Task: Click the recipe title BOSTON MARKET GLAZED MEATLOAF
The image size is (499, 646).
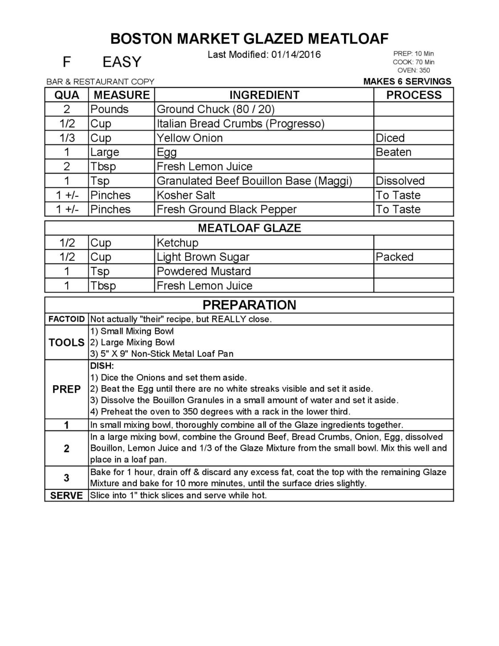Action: pos(250,39)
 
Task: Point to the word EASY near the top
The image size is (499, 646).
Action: pos(122,62)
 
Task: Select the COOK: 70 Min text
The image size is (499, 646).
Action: pos(413,62)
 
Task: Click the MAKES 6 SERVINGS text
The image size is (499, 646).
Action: pos(407,81)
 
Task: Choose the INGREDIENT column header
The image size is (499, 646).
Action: pos(264,95)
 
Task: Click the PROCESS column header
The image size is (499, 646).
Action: pos(413,95)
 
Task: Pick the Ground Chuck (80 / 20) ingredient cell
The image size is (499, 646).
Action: pos(216,110)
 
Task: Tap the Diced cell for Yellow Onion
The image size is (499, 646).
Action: pos(390,138)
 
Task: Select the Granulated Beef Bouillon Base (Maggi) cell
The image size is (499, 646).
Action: pos(254,181)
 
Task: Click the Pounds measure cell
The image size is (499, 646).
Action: pos(110,110)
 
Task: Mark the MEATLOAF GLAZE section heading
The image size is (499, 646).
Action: pos(249,228)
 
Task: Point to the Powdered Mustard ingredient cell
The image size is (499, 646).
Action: pos(204,271)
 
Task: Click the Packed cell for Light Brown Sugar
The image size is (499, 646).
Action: pos(394,257)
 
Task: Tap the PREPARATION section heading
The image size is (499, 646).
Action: pos(249,305)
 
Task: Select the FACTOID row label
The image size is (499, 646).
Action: pos(66,319)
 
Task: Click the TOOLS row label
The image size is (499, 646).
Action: pos(66,342)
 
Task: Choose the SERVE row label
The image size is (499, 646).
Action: pos(66,496)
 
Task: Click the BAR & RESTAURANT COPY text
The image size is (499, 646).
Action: pos(100,82)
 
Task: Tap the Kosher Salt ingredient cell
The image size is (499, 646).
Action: pos(186,195)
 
